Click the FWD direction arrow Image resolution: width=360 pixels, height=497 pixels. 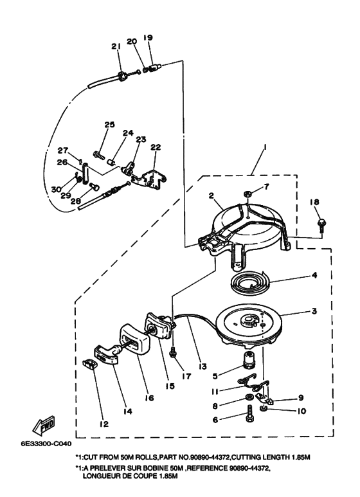[44, 426]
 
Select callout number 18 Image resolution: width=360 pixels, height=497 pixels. [314, 202]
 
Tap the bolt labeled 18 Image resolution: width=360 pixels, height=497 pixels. [321, 224]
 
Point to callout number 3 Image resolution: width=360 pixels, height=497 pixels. [314, 311]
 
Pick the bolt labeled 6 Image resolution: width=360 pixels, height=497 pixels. [249, 413]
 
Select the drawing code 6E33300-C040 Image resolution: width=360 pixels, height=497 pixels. [46, 443]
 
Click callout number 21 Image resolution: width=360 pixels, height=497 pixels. [116, 46]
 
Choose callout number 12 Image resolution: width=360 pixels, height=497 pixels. [104, 424]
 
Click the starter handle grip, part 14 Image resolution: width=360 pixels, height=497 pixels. [106, 354]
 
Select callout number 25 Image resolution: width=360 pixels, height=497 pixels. [109, 125]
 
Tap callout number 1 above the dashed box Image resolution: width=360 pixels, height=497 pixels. [265, 148]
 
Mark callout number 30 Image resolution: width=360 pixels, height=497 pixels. [57, 189]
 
